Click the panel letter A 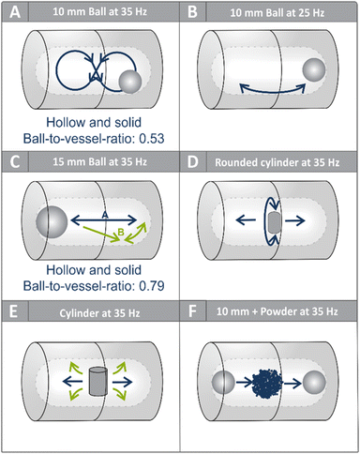pyautogui.click(x=15, y=12)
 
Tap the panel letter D pyautogui.click(x=193, y=162)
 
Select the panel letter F pyautogui.click(x=192, y=311)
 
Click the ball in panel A pyautogui.click(x=130, y=82)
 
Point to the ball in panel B pyautogui.click(x=314, y=69)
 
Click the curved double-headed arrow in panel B pyautogui.click(x=272, y=91)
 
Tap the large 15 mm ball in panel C pyautogui.click(x=52, y=222)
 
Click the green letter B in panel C pyautogui.click(x=121, y=232)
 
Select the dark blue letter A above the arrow pyautogui.click(x=105, y=215)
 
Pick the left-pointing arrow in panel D pyautogui.click(x=246, y=220)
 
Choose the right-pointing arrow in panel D pyautogui.click(x=295, y=220)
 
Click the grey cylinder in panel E pyautogui.click(x=98, y=382)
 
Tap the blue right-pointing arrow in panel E pyautogui.click(x=122, y=382)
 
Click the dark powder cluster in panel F pyautogui.click(x=267, y=383)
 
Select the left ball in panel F pyautogui.click(x=223, y=383)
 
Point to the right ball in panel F pyautogui.click(x=314, y=383)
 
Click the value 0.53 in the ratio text pyautogui.click(x=152, y=138)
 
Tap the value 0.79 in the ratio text pyautogui.click(x=152, y=286)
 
